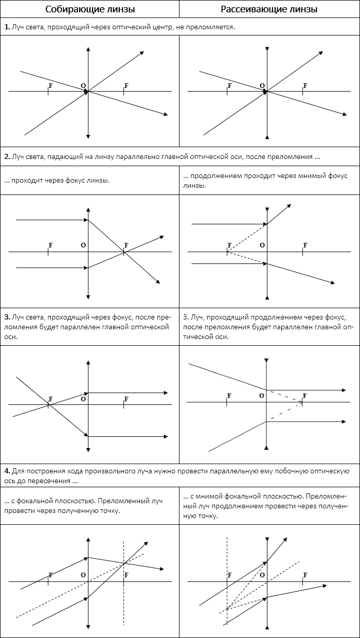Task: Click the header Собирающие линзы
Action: [x=90, y=9]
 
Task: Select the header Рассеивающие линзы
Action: [x=269, y=9]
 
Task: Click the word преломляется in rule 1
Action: [x=212, y=27]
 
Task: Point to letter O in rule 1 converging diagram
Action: [x=83, y=86]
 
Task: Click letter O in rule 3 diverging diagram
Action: [x=262, y=395]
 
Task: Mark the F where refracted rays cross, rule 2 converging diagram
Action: [x=126, y=245]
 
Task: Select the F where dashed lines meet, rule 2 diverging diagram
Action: [x=229, y=245]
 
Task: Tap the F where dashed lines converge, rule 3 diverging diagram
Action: [x=305, y=395]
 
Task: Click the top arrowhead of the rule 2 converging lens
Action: [x=88, y=210]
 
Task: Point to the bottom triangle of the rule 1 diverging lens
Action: [x=267, y=137]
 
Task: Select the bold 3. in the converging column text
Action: [x=7, y=317]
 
